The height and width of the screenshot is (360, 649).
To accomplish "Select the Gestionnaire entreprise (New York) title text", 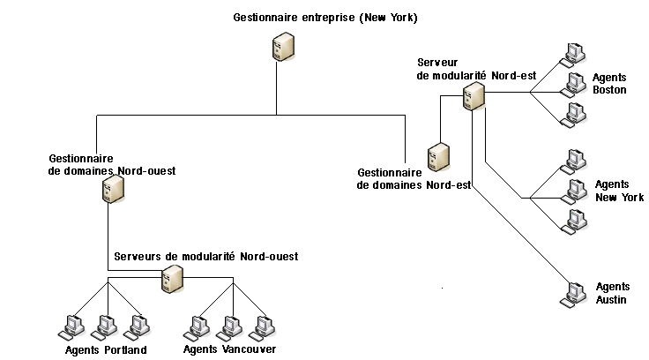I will click(324, 18).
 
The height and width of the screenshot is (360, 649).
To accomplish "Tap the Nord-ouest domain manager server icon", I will click(111, 189).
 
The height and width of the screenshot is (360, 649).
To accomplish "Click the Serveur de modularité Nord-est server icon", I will click(473, 95).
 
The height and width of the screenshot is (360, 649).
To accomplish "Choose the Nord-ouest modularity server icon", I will click(171, 280).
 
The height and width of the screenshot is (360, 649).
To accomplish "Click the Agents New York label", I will click(619, 191).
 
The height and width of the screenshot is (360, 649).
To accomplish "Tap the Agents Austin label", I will click(612, 294).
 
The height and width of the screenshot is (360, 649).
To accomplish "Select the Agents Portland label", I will click(106, 350).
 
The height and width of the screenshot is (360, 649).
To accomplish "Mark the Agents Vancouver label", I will click(229, 349).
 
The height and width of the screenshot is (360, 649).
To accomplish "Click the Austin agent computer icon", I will click(576, 293).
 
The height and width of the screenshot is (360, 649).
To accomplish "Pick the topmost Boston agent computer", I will click(575, 51).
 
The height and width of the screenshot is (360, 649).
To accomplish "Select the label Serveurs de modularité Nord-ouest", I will click(205, 256).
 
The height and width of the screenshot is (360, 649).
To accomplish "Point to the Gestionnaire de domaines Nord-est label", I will click(414, 179).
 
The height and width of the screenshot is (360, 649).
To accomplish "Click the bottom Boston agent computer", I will click(575, 115).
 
